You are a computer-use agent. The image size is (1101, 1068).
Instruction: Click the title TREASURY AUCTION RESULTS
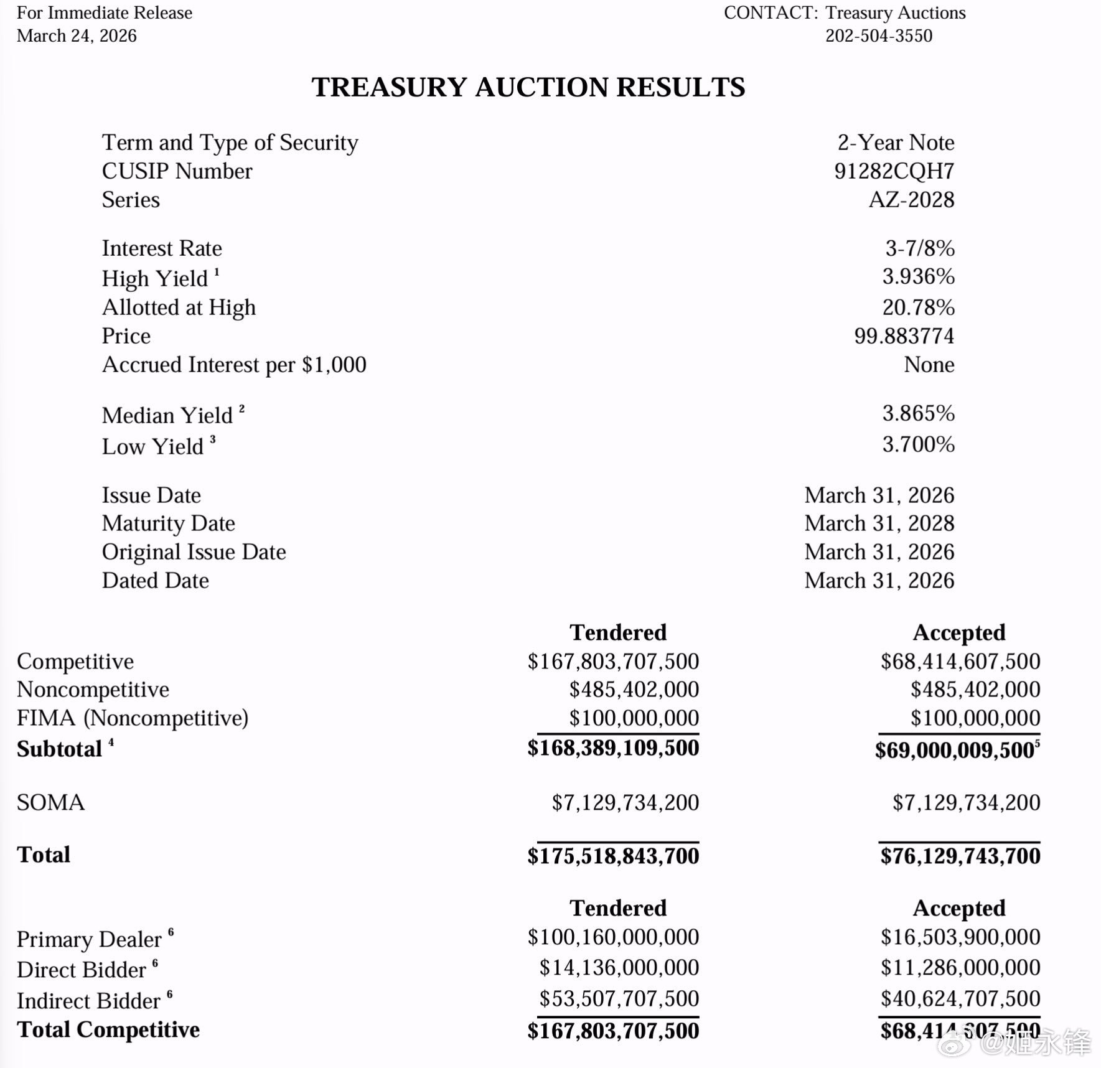tap(528, 87)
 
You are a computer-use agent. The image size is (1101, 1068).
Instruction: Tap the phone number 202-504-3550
tap(878, 35)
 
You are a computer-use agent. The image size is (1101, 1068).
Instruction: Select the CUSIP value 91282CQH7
tap(894, 171)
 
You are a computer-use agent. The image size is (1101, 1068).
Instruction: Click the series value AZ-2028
tap(911, 200)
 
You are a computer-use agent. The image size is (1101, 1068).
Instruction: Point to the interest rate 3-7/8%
tap(919, 248)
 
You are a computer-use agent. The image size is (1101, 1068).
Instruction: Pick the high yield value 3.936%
tap(918, 276)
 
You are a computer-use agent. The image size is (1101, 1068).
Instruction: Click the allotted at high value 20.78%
tap(918, 307)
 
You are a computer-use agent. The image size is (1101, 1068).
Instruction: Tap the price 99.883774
tap(904, 336)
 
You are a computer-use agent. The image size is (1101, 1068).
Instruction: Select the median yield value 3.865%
tap(918, 413)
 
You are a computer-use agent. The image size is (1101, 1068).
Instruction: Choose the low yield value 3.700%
tap(918, 444)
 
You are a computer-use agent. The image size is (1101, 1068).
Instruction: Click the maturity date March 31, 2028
tap(879, 523)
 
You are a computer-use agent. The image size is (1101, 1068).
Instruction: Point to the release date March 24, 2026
tap(77, 35)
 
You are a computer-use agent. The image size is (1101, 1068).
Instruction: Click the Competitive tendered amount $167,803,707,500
tap(613, 661)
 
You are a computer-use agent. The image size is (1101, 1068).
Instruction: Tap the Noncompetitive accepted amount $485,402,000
tap(975, 690)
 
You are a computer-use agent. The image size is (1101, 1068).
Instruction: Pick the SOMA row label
tap(50, 802)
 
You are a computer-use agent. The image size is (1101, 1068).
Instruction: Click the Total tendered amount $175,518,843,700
tap(613, 856)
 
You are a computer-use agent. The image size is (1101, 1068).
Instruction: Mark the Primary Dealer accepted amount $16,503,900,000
tap(960, 937)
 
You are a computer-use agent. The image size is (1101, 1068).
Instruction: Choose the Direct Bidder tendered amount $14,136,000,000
tap(619, 967)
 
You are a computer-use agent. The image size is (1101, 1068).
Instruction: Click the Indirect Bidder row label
tap(88, 1001)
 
